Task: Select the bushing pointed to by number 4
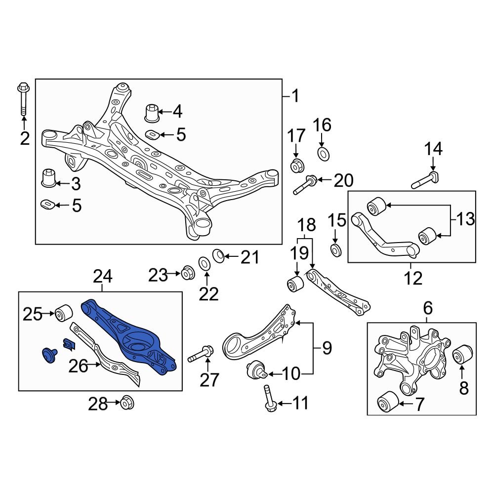(x=152, y=113)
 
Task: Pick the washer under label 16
(x=323, y=154)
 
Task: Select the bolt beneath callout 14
(x=426, y=181)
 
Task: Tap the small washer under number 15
(x=335, y=250)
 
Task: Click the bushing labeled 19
(x=296, y=284)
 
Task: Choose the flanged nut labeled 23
(x=188, y=272)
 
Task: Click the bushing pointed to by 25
(x=64, y=313)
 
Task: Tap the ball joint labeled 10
(x=256, y=369)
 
